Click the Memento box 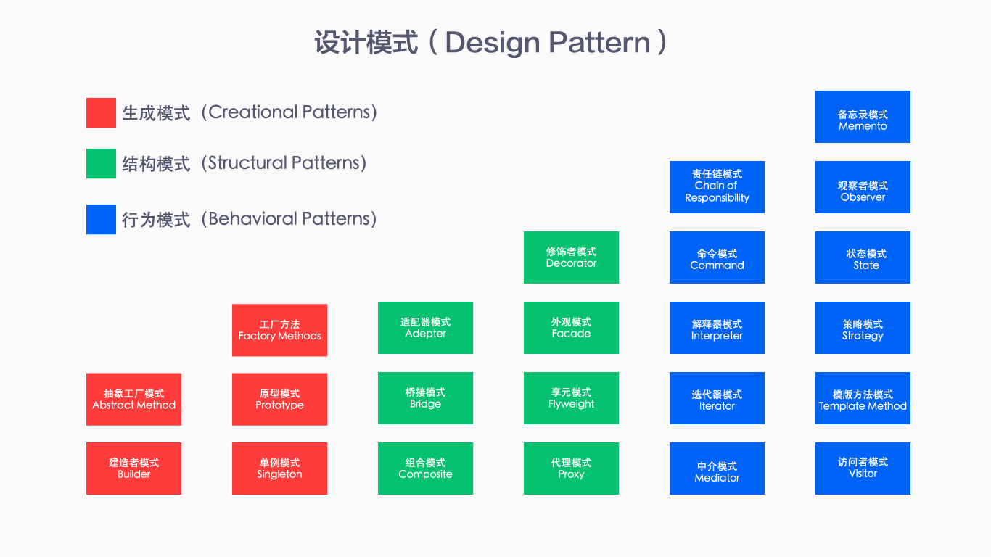pyautogui.click(x=863, y=117)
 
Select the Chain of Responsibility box pyautogui.click(x=717, y=187)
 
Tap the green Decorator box pyautogui.click(x=571, y=257)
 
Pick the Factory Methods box pyautogui.click(x=279, y=330)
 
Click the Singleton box pyautogui.click(x=279, y=469)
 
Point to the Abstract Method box pyautogui.click(x=133, y=399)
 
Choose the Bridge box pyautogui.click(x=425, y=398)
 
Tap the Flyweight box pyautogui.click(x=571, y=398)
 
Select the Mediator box pyautogui.click(x=717, y=469)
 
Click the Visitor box pyautogui.click(x=863, y=469)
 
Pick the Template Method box pyautogui.click(x=863, y=398)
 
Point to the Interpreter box pyautogui.click(x=717, y=328)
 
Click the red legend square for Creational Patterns pyautogui.click(x=101, y=113)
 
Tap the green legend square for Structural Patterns pyautogui.click(x=101, y=164)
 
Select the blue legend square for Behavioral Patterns pyautogui.click(x=101, y=220)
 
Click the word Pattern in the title pyautogui.click(x=599, y=43)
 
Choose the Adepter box pyautogui.click(x=425, y=328)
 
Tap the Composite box pyautogui.click(x=425, y=469)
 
